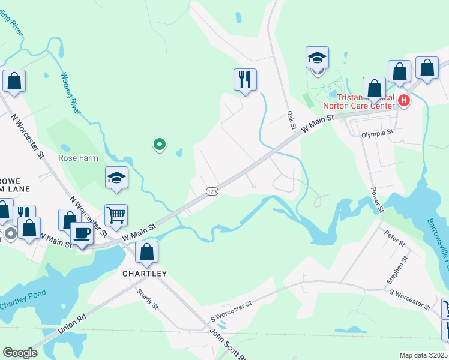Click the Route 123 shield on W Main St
coord(211,191)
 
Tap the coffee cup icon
coord(82,233)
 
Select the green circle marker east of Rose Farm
coord(160,144)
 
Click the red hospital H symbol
coord(404,100)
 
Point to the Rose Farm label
coord(77,158)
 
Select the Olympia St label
coord(377,133)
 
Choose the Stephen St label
coord(398,269)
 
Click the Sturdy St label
coord(147,299)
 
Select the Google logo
coord(20,353)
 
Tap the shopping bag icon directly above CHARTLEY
coord(146,253)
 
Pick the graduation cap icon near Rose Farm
coord(117,178)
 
